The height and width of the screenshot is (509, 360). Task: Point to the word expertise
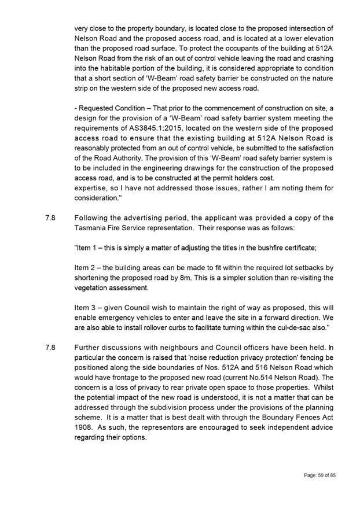point(92,187)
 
